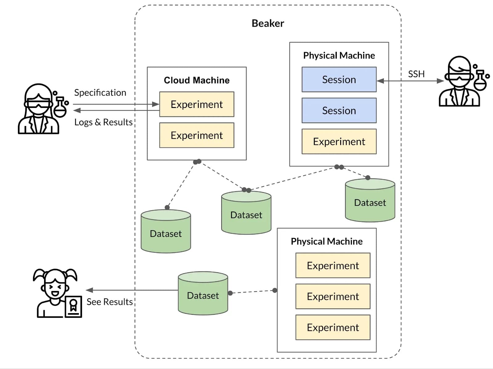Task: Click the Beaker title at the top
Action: [x=268, y=23]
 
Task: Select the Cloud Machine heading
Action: [x=197, y=80]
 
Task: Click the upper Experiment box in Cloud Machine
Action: [x=197, y=104]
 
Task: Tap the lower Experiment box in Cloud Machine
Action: [x=197, y=135]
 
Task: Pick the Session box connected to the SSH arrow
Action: [x=339, y=80]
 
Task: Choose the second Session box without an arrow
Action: [x=339, y=110]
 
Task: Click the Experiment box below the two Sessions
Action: [x=339, y=142]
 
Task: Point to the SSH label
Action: [x=416, y=74]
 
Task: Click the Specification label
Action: [x=100, y=93]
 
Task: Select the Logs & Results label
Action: [x=103, y=122]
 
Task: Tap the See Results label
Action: [x=109, y=302]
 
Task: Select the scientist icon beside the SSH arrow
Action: [x=459, y=82]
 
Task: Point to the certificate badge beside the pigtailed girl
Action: [x=73, y=306]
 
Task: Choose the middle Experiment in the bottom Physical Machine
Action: [x=333, y=296]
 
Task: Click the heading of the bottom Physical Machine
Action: [x=327, y=241]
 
